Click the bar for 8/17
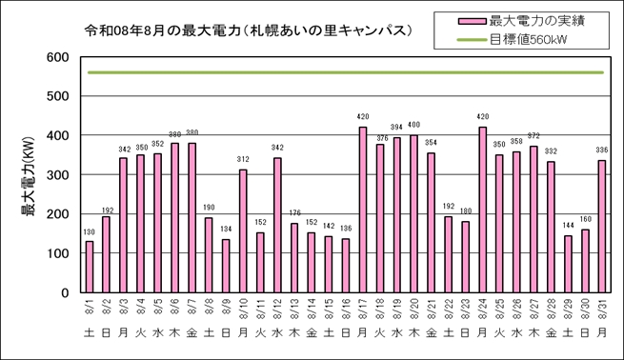(363, 210)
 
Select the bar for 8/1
(90, 267)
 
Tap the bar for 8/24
(482, 210)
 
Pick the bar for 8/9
(226, 266)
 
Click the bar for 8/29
(568, 264)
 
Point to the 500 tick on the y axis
(58, 96)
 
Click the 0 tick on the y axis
(65, 292)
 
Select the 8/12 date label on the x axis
(277, 309)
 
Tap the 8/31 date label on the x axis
(602, 309)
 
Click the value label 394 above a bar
(396, 128)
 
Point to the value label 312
(243, 159)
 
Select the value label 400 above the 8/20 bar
(413, 125)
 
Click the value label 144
(568, 226)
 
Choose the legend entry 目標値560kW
(528, 40)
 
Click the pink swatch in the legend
(472, 22)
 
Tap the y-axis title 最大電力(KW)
(29, 176)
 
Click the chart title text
(249, 30)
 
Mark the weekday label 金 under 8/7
(191, 332)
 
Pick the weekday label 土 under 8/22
(448, 332)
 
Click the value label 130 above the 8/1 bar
(90, 232)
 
